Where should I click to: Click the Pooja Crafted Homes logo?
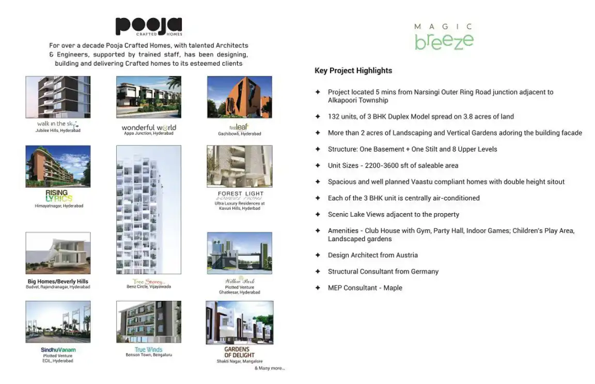coord(148,26)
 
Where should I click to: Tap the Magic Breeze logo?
coord(444,37)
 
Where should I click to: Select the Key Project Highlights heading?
coord(353,71)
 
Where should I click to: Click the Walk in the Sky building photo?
coord(58,97)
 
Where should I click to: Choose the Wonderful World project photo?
coord(149,97)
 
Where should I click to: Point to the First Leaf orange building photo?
coord(239,97)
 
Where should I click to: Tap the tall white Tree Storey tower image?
coord(149,210)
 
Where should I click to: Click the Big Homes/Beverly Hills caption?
coord(58,281)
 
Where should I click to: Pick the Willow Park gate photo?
coord(239,253)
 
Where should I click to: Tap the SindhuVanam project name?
coord(58,350)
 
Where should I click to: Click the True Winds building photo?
coord(149,322)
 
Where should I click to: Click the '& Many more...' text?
coord(270,368)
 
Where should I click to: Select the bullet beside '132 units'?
coord(318,117)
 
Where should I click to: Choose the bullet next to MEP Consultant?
coord(318,288)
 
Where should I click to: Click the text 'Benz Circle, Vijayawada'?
coord(149,286)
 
